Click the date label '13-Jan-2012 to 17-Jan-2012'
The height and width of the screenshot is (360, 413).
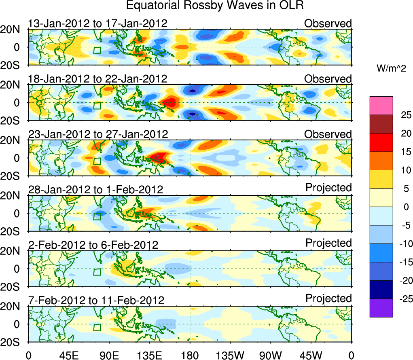tap(97, 23)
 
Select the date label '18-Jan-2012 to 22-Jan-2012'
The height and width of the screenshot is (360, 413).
tap(97, 79)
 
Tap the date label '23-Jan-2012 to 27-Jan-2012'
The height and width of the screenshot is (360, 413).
tap(97, 134)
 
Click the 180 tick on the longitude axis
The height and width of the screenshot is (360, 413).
tap(190, 355)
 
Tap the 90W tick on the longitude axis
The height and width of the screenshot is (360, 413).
tap(271, 355)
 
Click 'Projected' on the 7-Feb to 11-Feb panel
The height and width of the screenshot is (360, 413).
tap(328, 299)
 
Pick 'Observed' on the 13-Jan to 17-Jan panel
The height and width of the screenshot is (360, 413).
tap(328, 23)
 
